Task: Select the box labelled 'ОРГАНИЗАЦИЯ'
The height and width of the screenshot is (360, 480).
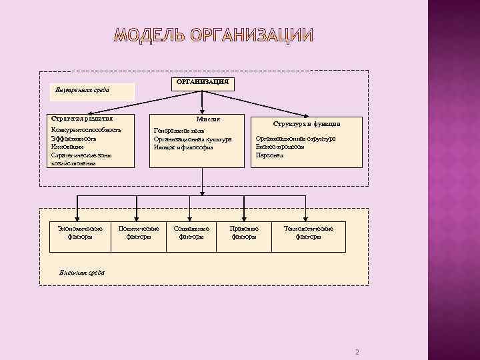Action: tap(202, 82)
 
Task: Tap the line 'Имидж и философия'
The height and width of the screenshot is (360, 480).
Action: tap(183, 147)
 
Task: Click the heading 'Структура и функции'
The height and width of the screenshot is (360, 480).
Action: tap(307, 123)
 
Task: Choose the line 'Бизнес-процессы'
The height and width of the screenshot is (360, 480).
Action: tap(280, 147)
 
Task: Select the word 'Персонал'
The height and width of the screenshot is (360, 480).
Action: tap(269, 155)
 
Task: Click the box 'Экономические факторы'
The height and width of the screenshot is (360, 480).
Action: tap(79, 233)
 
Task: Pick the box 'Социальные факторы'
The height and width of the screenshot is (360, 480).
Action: tap(191, 233)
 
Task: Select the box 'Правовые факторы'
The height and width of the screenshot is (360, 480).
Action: tap(244, 233)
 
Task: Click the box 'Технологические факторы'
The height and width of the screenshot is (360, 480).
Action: tap(308, 233)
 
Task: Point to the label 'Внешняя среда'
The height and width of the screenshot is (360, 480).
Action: tap(82, 272)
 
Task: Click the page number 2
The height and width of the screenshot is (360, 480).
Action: tap(357, 352)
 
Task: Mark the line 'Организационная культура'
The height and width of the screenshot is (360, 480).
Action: tap(192, 139)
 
